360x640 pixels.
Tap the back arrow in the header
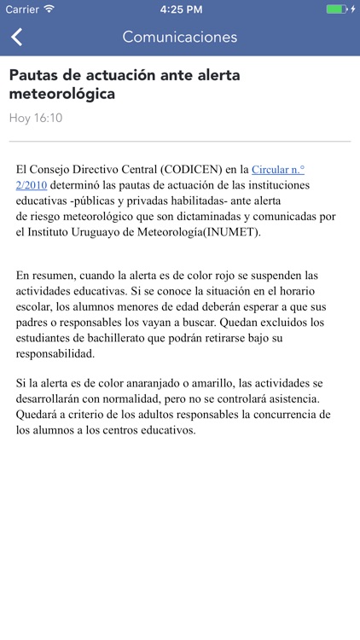[17, 37]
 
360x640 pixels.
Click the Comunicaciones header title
[180, 37]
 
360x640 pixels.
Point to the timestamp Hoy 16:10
[36, 118]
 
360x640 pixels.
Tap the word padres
[35, 323]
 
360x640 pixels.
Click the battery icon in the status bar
[337, 9]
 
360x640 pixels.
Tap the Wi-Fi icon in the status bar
[49, 9]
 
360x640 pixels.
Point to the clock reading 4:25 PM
[180, 9]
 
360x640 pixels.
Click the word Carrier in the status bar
[21, 9]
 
